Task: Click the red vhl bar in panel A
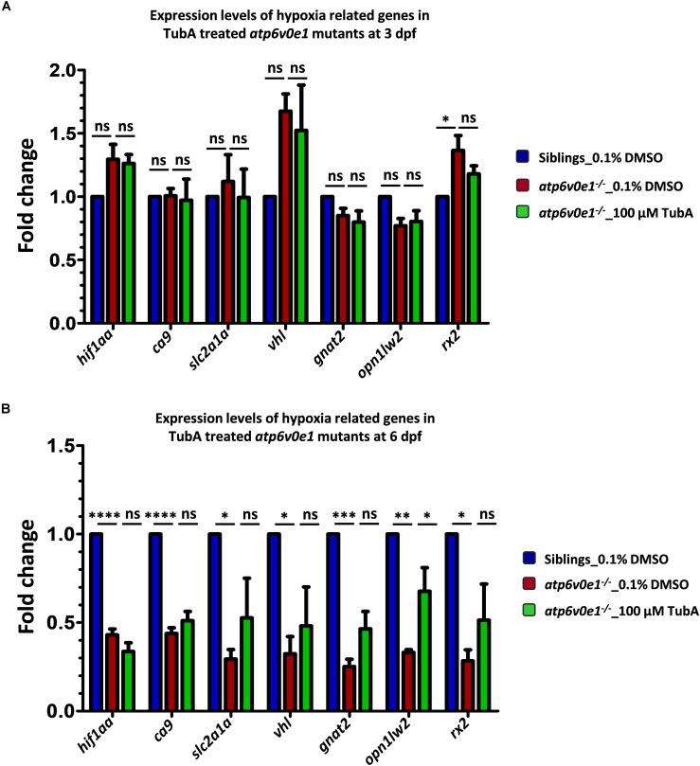click(285, 217)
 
